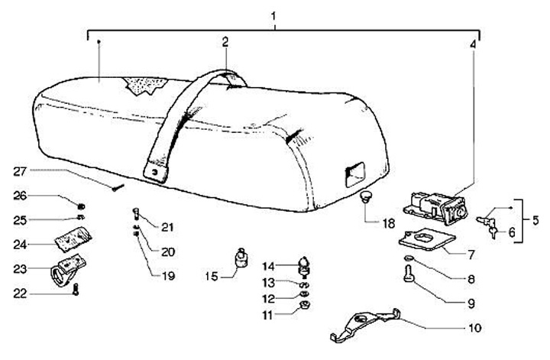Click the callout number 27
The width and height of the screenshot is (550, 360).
click(19, 170)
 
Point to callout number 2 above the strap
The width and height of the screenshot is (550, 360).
click(226, 44)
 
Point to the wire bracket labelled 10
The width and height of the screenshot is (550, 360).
click(367, 324)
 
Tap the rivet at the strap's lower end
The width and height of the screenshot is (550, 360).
click(160, 174)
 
